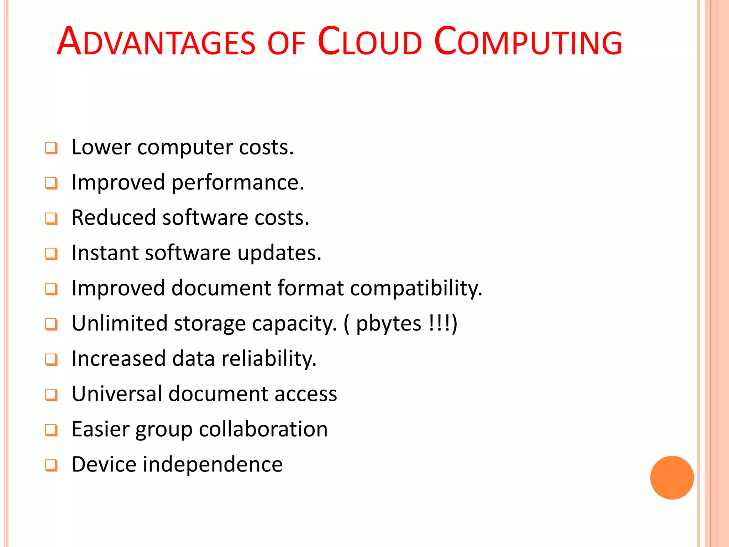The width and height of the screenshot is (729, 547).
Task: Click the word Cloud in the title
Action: coord(369,42)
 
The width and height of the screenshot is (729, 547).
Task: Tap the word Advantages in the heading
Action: coord(156,42)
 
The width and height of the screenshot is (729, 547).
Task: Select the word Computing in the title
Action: coord(528,42)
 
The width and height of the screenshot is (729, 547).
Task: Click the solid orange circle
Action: coord(672,478)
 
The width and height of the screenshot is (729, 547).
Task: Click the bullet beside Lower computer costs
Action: coord(51,148)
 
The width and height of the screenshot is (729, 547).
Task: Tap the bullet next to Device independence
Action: coord(51,465)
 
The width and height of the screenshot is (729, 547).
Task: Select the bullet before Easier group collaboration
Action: coord(51,430)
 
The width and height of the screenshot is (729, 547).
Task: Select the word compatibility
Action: coord(416,288)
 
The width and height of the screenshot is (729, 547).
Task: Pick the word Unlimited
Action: coord(120,323)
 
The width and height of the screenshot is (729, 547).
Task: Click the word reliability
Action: coord(269,359)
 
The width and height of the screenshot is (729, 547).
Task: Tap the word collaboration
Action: coord(263,429)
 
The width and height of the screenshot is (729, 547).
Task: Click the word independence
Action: coord(213,464)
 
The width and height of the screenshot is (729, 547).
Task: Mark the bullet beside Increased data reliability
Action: coord(51,359)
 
